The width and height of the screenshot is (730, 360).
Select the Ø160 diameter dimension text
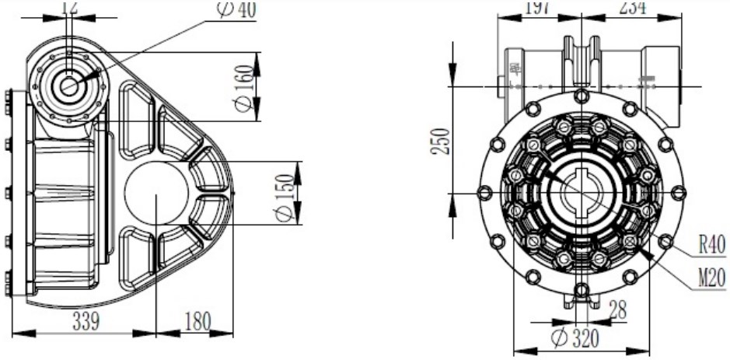coord(246,88)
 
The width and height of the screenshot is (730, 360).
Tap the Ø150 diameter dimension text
coord(287,194)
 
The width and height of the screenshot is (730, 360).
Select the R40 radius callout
coord(710,244)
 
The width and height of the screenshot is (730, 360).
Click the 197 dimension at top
coord(536,7)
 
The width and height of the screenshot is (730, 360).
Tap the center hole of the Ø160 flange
coord(70,86)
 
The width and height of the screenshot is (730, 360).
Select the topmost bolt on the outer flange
coord(581,96)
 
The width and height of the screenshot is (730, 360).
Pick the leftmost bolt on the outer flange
coord(484,193)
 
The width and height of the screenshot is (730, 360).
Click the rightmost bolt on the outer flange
coord(678,193)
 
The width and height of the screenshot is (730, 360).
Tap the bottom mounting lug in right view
coord(581,294)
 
